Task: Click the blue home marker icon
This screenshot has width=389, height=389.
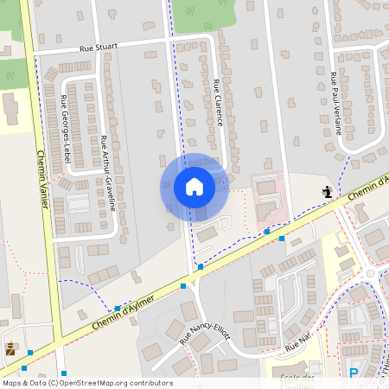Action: (194, 187)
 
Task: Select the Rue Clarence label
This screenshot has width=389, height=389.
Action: (218, 103)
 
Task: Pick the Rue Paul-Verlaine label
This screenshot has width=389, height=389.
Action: (336, 105)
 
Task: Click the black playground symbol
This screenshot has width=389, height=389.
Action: (327, 192)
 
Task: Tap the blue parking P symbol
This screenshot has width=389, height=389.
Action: (353, 373)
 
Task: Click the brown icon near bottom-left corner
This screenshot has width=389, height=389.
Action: (10, 349)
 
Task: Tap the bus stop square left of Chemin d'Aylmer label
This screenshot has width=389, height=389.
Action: (118, 308)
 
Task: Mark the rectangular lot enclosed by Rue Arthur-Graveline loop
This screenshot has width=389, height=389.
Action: (78, 204)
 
